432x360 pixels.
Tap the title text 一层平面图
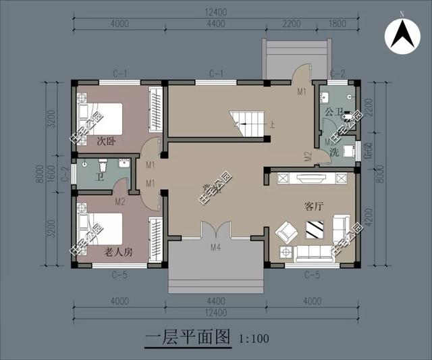point(188,336)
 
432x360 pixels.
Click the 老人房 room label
point(117,251)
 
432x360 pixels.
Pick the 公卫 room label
point(333,111)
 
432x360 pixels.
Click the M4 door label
point(215,247)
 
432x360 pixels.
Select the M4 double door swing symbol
point(215,229)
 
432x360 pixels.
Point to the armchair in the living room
point(285,232)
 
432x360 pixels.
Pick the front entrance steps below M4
point(215,270)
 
